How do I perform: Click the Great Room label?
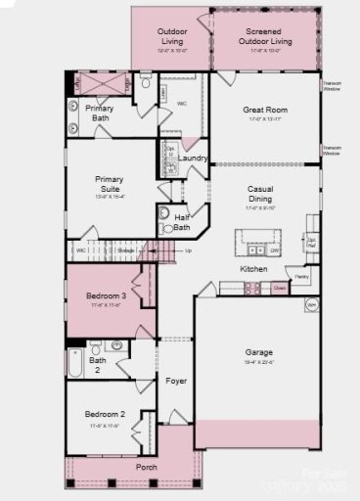(x=264, y=111)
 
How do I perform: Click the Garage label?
(x=259, y=351)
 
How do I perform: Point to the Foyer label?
(x=176, y=381)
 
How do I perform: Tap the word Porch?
(x=147, y=467)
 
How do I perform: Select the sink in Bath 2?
(x=117, y=344)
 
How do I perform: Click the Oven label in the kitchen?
(x=280, y=288)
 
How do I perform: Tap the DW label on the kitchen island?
(x=276, y=250)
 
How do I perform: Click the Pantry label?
(x=302, y=277)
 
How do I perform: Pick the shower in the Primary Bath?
(x=104, y=84)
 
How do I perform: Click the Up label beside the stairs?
(x=189, y=251)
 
